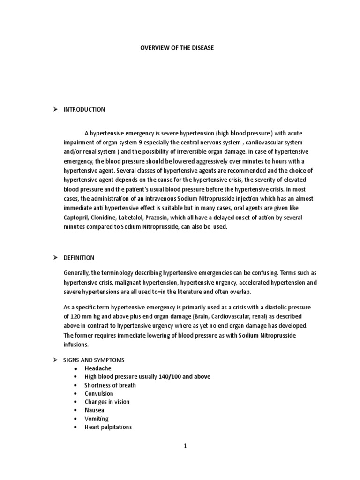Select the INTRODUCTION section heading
85,110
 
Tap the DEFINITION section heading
79,258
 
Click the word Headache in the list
98,368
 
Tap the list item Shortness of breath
110,385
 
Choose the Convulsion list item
99,394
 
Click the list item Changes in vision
107,402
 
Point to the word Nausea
95,410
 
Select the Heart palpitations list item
108,427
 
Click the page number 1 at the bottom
185,446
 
